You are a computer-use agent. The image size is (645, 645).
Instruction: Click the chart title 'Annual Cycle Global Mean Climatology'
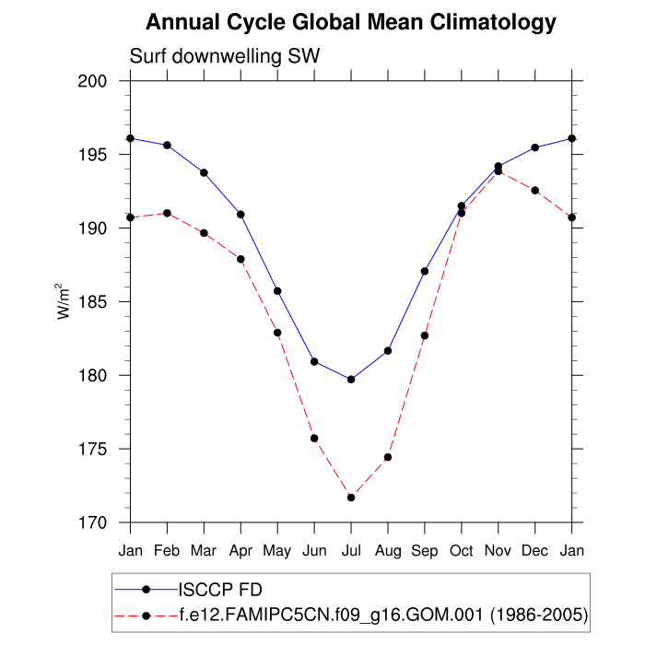[x=351, y=22]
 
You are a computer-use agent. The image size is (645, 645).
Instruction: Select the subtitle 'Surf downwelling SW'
[x=225, y=57]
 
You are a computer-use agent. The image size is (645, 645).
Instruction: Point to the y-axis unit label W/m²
[x=64, y=300]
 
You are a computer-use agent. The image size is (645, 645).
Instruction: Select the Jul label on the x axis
[x=351, y=551]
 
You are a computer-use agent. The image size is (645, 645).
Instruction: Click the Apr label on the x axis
[x=240, y=551]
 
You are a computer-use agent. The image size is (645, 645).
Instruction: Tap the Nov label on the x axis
[x=498, y=551]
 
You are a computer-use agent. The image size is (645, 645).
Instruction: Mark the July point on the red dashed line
[x=351, y=498]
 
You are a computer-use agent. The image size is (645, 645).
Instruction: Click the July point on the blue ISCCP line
[x=351, y=380]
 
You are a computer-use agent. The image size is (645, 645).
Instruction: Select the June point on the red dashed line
[x=314, y=439]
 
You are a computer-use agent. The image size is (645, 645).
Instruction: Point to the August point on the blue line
[x=388, y=351]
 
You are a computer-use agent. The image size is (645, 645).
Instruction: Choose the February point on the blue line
[x=167, y=145]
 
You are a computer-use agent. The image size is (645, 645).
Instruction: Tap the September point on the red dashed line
[x=425, y=335]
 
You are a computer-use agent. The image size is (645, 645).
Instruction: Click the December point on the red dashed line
[x=535, y=190]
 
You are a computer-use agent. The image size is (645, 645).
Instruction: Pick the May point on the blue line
[x=277, y=291]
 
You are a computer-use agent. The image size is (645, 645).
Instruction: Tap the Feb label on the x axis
[x=167, y=551]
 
